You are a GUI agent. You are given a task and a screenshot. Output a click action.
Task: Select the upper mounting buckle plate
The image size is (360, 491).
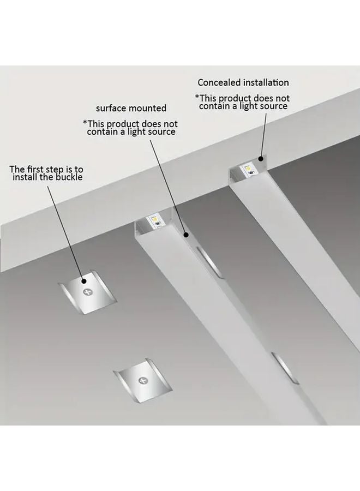tap(87, 295)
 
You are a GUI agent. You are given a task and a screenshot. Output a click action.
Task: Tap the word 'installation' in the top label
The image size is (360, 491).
tap(267, 83)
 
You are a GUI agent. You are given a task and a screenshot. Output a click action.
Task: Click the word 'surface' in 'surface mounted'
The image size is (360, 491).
tap(111, 108)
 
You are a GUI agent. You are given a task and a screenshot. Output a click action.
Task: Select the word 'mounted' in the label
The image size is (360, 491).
tap(147, 108)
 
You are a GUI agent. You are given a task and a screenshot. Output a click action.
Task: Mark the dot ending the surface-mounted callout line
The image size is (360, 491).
tap(187, 236)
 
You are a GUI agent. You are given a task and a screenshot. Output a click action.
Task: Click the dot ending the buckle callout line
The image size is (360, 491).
tap(85, 281)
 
